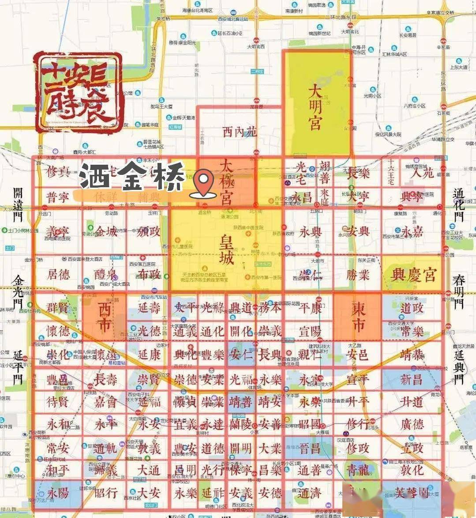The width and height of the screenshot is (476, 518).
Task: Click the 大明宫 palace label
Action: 315,108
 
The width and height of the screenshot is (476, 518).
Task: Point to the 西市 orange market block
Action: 104,316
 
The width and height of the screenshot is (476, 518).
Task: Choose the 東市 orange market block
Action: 358,316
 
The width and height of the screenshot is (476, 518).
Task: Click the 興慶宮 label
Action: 413,275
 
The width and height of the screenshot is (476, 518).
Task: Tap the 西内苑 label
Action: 239,132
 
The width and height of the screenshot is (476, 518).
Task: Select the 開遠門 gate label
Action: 18,204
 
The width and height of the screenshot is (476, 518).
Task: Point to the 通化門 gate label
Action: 459,204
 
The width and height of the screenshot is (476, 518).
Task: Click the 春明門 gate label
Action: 459,292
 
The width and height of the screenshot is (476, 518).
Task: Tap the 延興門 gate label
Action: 459,366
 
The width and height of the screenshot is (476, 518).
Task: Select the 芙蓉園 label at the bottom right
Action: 412,493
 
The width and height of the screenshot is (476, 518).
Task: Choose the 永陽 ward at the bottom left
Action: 58,493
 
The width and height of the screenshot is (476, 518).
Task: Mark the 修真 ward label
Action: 58,171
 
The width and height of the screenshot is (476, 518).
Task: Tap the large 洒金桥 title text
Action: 132,178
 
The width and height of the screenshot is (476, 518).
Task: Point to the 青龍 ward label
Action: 358,470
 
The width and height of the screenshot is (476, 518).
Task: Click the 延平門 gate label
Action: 18,366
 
